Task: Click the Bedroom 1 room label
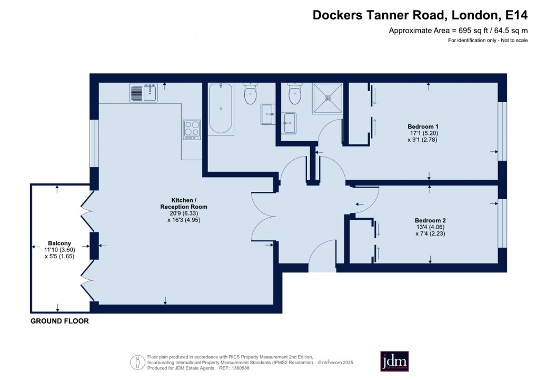(423, 126)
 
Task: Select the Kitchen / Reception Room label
(184, 203)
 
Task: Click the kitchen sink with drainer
(143, 93)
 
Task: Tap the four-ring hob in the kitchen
(192, 130)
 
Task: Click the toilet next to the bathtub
(250, 94)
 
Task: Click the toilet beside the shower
(295, 95)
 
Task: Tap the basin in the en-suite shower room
(288, 124)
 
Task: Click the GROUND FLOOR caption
(59, 321)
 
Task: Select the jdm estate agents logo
(394, 361)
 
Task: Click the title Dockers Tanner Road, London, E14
(420, 15)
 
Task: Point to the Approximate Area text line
(458, 31)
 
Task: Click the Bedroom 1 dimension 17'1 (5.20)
(423, 133)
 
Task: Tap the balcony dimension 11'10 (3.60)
(56, 250)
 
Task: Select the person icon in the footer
(138, 362)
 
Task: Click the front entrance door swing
(322, 259)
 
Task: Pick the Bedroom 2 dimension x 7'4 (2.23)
(430, 234)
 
